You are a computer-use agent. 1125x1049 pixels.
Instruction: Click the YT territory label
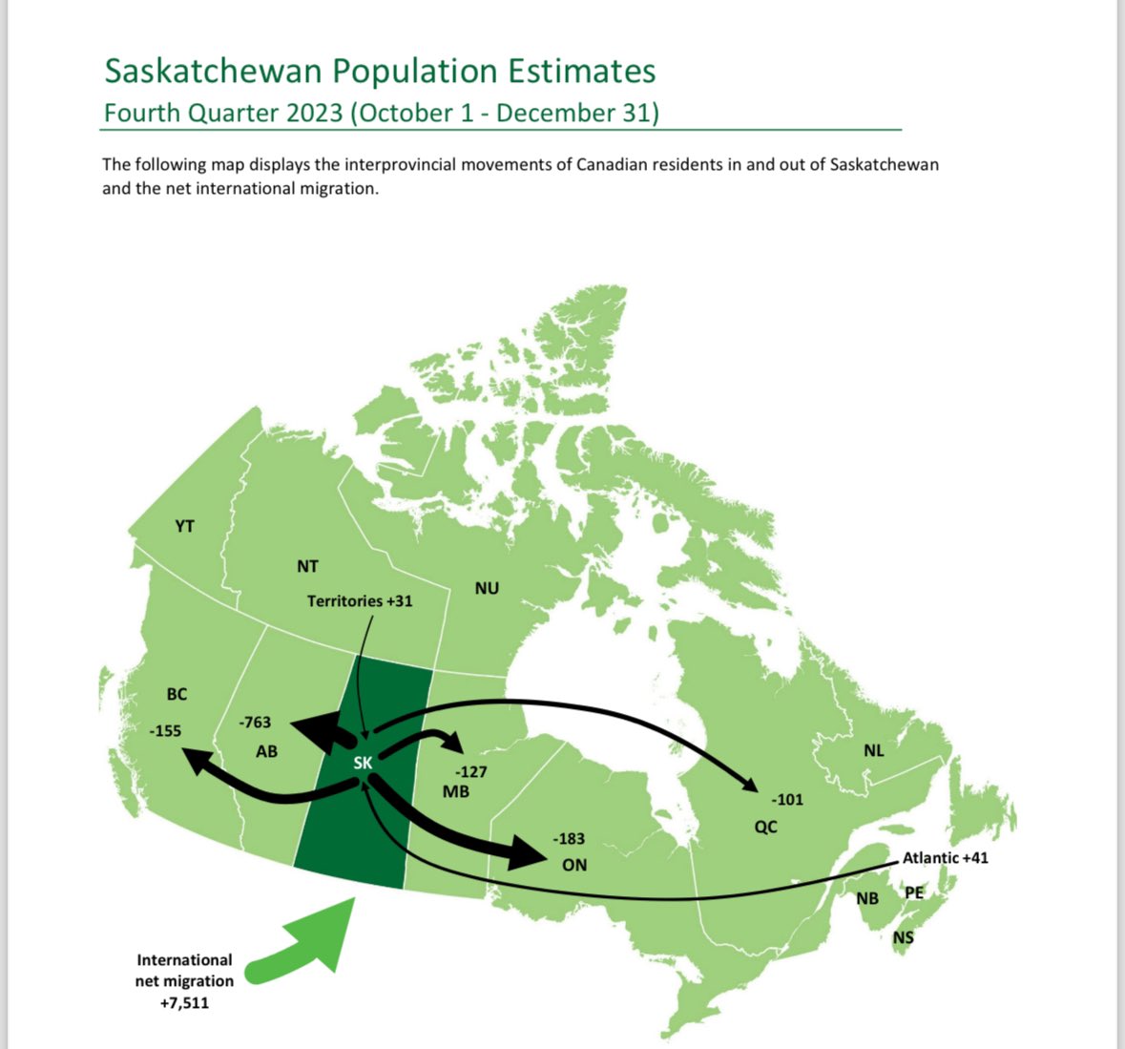pos(184,526)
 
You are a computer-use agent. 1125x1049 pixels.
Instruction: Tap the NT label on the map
pos(307,566)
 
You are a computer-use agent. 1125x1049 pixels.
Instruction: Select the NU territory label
pos(487,588)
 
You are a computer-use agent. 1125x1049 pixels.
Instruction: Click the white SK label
pos(363,763)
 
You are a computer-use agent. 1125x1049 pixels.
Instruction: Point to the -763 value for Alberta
pos(255,723)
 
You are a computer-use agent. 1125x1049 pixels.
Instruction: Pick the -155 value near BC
pos(165,731)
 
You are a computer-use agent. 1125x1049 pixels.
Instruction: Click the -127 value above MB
pos(471,771)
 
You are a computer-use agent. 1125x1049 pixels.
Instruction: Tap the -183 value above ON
pos(569,839)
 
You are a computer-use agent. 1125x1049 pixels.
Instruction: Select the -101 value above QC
pos(787,799)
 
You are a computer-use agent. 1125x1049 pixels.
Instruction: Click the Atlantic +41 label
pos(945,858)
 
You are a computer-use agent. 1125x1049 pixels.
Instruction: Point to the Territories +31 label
pos(360,601)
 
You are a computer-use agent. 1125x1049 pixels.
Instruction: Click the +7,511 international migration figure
pos(184,1002)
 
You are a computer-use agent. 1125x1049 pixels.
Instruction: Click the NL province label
pos(873,750)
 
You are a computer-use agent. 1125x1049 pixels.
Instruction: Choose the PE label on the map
pos(913,893)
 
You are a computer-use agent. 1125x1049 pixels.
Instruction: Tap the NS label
pos(903,937)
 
